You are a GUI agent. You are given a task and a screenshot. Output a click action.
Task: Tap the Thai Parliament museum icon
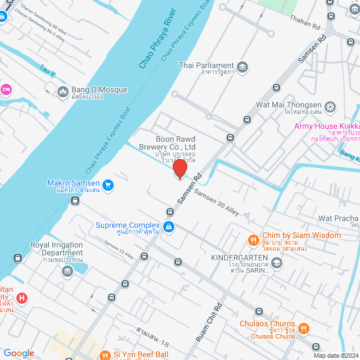pos(242,67)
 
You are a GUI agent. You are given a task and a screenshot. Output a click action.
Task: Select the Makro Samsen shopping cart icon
pos(108,184)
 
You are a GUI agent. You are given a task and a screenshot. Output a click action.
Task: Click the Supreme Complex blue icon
pos(168,227)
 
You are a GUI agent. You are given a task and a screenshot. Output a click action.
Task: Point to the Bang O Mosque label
pos(99,90)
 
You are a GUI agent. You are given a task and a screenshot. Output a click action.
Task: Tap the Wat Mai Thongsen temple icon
pos(330,106)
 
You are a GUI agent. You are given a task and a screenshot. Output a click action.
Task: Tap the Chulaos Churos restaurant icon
pos(303,328)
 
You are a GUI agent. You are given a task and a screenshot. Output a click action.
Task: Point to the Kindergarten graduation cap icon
pos(276,262)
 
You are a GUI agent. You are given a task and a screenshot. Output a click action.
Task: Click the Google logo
pos(19,353)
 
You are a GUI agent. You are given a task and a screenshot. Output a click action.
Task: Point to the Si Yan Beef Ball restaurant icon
pos(105,355)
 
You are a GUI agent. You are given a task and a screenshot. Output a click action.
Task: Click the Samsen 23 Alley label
pos(119,250)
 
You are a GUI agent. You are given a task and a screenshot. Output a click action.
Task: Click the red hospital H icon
pos(21,298)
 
